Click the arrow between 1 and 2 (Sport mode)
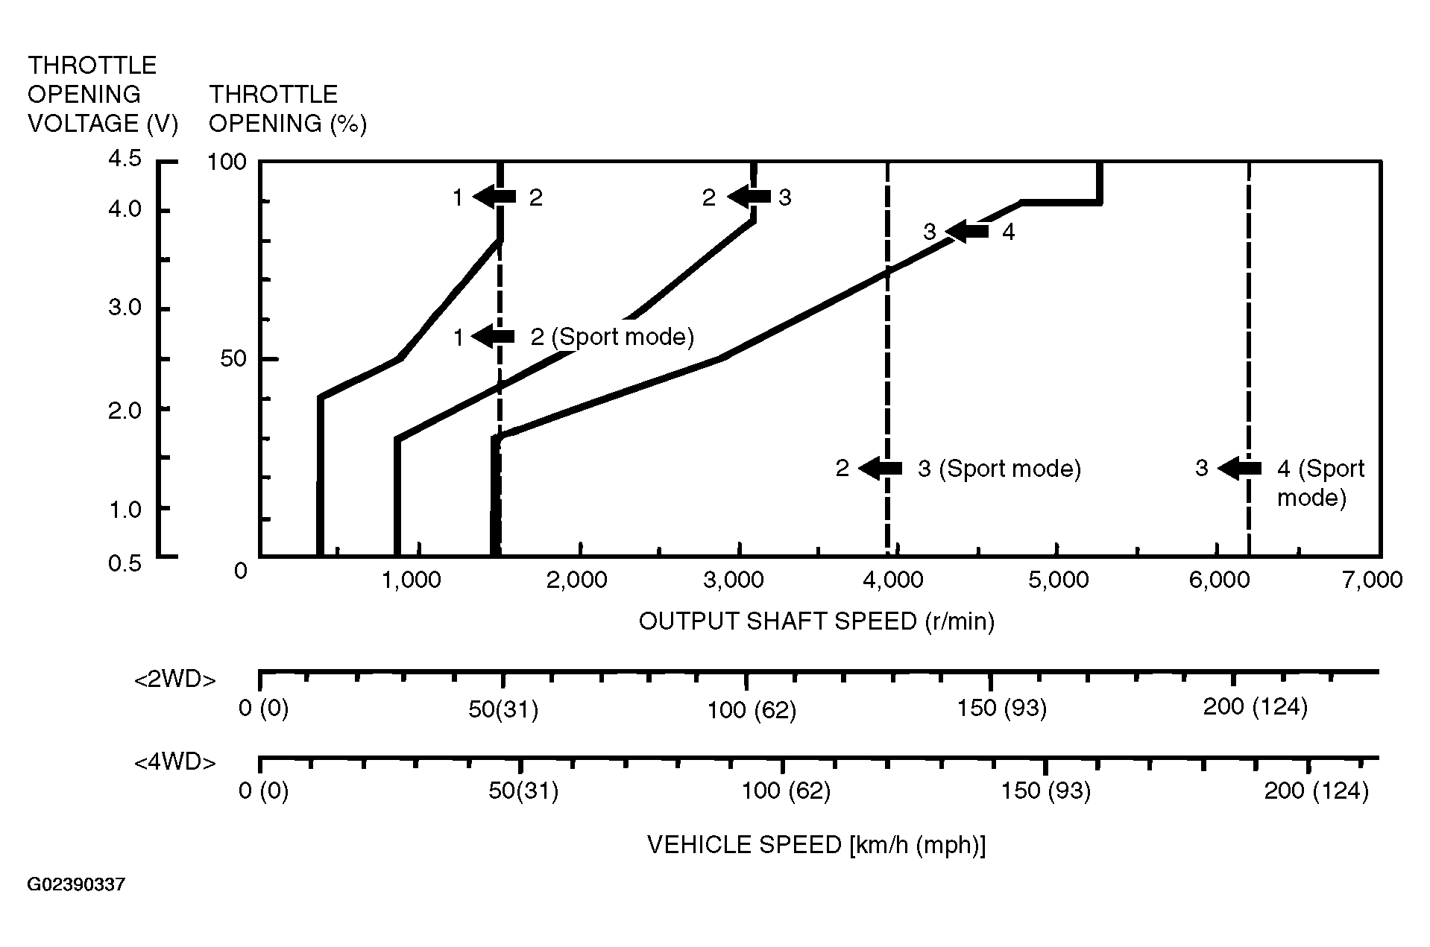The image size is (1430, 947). click(x=494, y=337)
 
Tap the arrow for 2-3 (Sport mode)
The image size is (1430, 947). click(x=881, y=469)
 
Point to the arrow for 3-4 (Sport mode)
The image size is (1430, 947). click(x=1240, y=469)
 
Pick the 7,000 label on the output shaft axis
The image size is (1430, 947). click(x=1373, y=580)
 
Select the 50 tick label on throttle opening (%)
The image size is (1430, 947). click(x=233, y=359)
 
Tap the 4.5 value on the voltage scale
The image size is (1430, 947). click(x=125, y=159)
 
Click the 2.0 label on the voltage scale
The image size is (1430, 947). click(x=125, y=410)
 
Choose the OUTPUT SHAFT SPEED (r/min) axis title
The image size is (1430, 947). click(x=816, y=621)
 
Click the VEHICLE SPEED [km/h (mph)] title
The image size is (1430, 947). click(x=816, y=845)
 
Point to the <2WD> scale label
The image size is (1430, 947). click(x=175, y=680)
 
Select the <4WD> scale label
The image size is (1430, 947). click(x=175, y=763)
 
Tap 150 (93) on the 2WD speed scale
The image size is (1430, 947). click(x=1002, y=708)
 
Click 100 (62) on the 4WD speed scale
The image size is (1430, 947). click(x=786, y=791)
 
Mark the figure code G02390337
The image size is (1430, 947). click(x=76, y=885)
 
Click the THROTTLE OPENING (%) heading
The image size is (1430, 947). click(x=288, y=109)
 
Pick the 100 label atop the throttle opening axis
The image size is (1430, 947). click(x=227, y=162)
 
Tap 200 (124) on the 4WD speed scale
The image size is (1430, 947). click(x=1316, y=791)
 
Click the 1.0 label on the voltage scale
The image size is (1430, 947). click(x=125, y=510)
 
